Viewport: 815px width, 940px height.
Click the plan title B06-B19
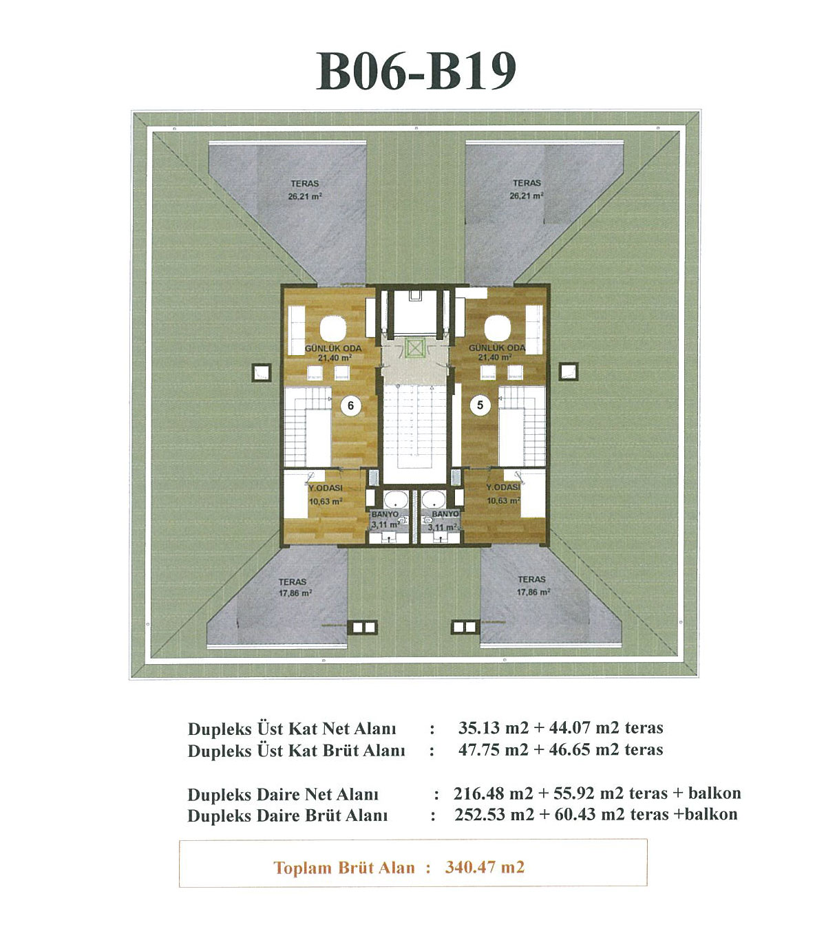[x=416, y=72]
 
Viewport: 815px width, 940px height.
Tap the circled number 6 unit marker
[x=350, y=405]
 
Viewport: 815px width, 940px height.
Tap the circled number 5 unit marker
[x=480, y=405]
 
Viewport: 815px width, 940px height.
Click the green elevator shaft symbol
[x=414, y=349]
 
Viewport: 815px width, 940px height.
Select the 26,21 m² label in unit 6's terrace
[x=305, y=197]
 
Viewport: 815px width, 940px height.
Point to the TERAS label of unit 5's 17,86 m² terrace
[x=531, y=579]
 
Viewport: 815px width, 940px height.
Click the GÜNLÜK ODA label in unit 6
[x=333, y=348]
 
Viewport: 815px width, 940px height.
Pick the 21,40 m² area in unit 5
[x=495, y=357]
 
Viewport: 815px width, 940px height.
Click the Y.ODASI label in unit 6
[x=325, y=488]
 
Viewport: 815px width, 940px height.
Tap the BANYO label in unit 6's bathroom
[x=385, y=514]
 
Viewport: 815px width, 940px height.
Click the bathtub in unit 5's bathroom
[x=433, y=499]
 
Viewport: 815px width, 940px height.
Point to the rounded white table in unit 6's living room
[x=333, y=328]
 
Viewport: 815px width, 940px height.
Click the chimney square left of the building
[x=261, y=373]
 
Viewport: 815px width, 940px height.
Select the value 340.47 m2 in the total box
[x=485, y=867]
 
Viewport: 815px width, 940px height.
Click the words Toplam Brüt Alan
[x=344, y=868]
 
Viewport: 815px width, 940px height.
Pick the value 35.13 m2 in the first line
[x=494, y=727]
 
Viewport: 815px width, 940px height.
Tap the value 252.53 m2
[x=494, y=814]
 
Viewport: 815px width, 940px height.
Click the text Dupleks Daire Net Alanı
[x=283, y=795]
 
